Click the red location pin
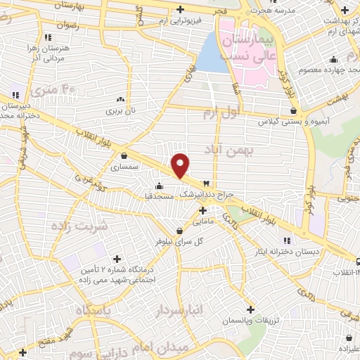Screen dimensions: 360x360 pyautogui.click(x=181, y=164)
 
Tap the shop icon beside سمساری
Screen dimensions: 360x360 pyautogui.click(x=124, y=156)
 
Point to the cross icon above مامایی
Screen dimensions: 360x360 pyautogui.click(x=202, y=210)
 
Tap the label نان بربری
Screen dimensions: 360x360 pyautogui.click(x=124, y=110)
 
